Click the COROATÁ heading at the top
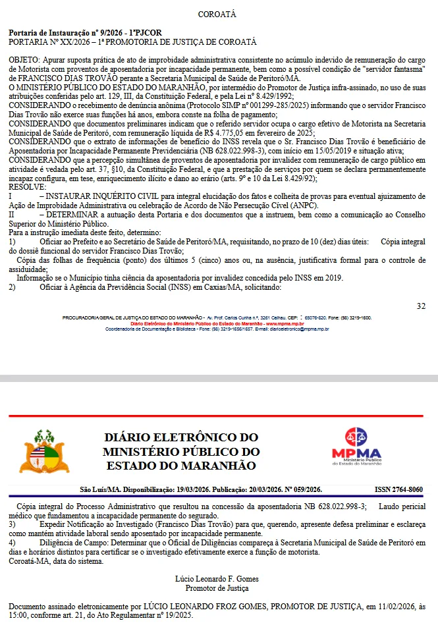(217, 14)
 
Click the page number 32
(422, 306)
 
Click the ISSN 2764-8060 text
(398, 489)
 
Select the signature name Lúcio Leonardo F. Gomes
(217, 578)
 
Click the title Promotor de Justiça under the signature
(217, 588)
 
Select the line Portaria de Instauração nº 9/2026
(85, 32)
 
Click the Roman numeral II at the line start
(12, 214)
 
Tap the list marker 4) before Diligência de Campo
(12, 542)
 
